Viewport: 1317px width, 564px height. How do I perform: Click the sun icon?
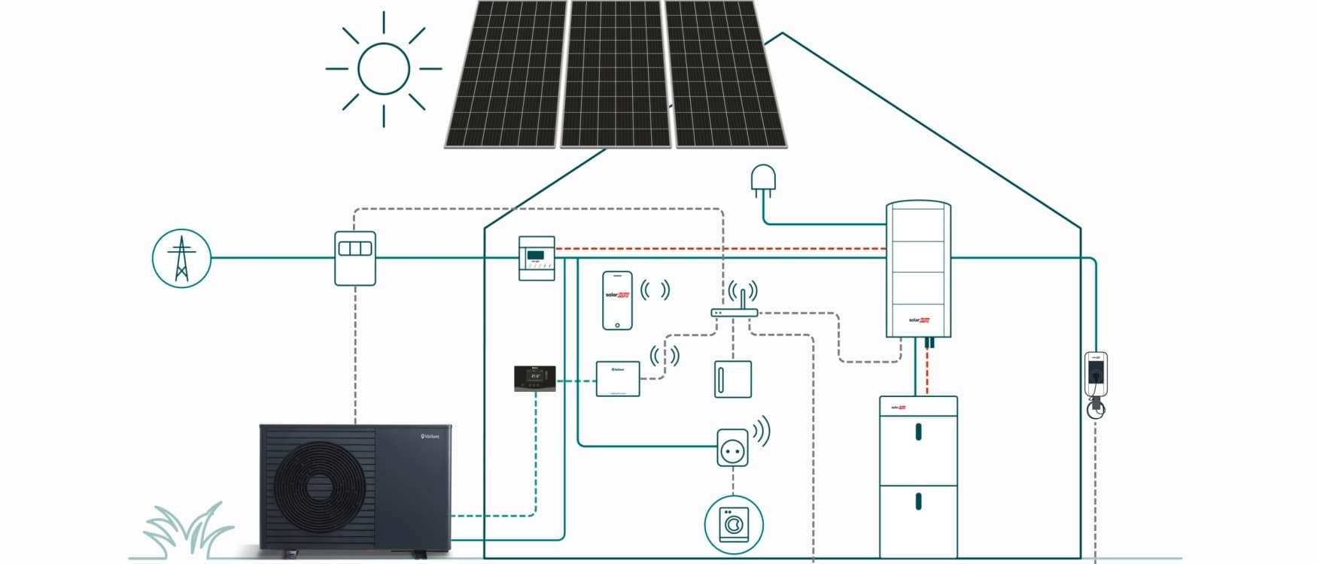coord(384,68)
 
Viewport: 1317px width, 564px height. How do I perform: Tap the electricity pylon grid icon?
coord(181,259)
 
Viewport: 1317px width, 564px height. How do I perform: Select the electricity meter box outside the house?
coord(355,258)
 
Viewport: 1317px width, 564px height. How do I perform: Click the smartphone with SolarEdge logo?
coord(617,300)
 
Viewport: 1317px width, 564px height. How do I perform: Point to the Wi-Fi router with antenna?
coord(734,311)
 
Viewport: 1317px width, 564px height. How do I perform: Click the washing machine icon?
coord(734,524)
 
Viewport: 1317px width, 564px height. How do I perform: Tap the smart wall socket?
coord(732,448)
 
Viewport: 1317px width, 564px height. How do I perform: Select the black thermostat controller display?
coord(535,378)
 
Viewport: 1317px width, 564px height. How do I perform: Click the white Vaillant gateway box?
coord(618,378)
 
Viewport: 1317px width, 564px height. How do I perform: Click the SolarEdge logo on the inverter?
coord(919,320)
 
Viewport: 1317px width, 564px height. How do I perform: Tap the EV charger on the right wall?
coord(1096,374)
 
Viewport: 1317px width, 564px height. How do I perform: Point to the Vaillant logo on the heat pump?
coord(430,436)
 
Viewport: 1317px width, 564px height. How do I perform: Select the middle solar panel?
coord(616,74)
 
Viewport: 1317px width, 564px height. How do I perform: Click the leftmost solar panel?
coord(506,74)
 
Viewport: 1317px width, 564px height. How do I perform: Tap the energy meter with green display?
coord(537,258)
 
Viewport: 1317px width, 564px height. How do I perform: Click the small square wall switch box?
coord(732,379)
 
